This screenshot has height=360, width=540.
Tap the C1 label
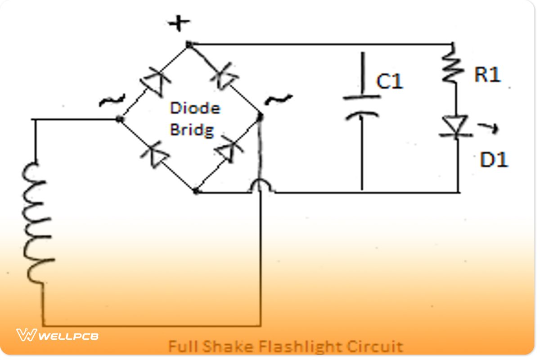coord(390,81)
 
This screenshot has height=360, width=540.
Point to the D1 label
coord(494,160)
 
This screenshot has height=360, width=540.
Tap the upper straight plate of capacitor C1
coord(361,96)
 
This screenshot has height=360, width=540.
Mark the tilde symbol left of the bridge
coord(108,101)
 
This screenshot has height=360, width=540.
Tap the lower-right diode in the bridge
coord(226,151)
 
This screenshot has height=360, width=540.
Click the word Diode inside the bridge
coord(195,108)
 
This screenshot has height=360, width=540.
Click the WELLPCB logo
coord(58,335)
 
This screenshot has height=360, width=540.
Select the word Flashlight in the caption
coord(311,346)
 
